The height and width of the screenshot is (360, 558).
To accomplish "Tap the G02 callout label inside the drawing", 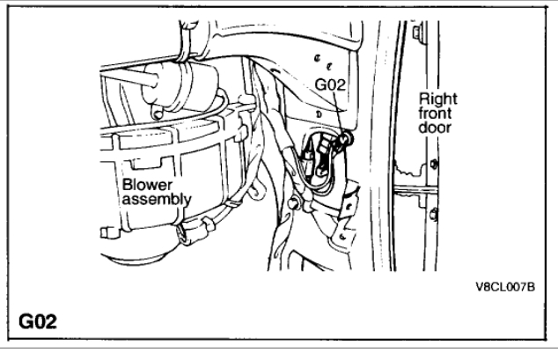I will [x=330, y=86].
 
